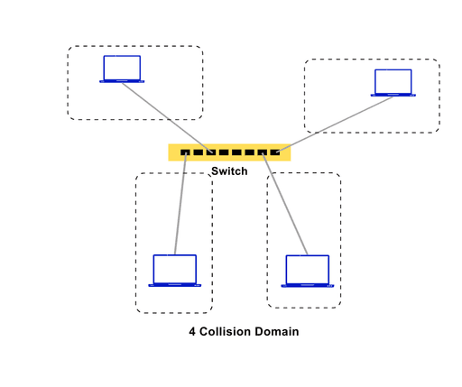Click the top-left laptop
(122, 69)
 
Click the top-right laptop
(393, 83)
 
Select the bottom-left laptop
(174, 271)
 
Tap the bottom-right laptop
(307, 271)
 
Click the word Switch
(229, 171)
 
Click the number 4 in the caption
(192, 332)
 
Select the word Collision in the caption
(226, 332)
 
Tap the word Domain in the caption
(276, 332)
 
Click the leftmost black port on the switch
(185, 152)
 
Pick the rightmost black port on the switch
(274, 152)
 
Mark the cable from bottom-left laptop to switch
(180, 203)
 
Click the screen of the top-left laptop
(122, 68)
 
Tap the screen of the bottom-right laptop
(307, 269)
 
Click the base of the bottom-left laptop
(174, 285)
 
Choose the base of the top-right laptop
(393, 95)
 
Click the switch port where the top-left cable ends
(210, 152)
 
